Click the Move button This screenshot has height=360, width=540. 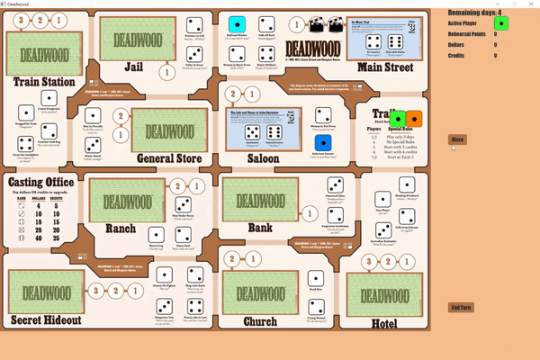(x=457, y=139)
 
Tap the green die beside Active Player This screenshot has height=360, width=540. (x=501, y=23)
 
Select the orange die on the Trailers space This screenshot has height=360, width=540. (x=414, y=119)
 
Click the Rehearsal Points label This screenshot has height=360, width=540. (x=473, y=34)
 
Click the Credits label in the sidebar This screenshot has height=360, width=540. (x=460, y=56)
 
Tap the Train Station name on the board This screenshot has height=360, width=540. (x=45, y=82)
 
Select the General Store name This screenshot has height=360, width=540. (x=167, y=158)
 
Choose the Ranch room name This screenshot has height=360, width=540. (x=120, y=229)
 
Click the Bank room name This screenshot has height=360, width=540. (x=259, y=228)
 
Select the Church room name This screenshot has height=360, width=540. (x=260, y=320)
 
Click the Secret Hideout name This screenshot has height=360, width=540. (x=45, y=319)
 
